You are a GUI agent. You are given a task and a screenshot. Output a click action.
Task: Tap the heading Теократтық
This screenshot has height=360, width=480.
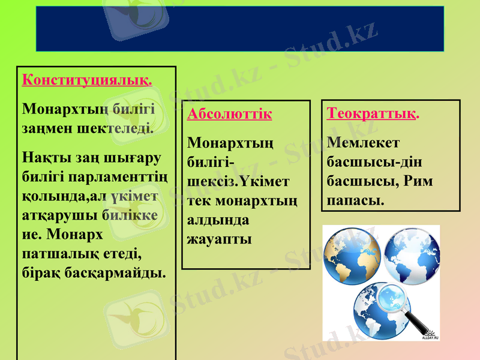pyautogui.click(x=373, y=113)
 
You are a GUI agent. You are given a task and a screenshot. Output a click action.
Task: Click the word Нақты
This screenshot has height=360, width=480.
pyautogui.click(x=43, y=158)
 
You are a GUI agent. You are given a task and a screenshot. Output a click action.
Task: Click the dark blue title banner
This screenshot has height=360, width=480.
pyautogui.click(x=240, y=29)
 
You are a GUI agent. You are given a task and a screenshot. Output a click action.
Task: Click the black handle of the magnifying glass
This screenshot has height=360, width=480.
pyautogui.click(x=418, y=322)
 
